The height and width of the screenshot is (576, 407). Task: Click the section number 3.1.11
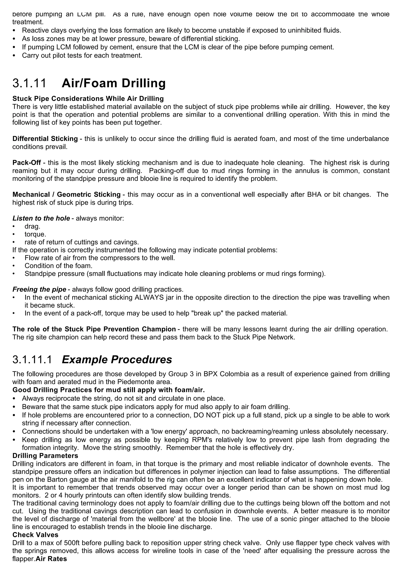tap(29, 83)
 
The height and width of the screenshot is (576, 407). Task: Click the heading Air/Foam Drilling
tap(114, 83)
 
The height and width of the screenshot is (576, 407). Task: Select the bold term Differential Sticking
tap(45, 139)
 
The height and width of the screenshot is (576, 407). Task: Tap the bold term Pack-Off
tap(27, 163)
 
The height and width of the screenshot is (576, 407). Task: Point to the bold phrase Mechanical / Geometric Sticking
tap(66, 194)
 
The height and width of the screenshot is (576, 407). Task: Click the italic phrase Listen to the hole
tap(41, 218)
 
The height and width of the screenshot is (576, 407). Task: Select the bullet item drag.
tap(32, 226)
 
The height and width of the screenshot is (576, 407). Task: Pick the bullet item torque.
tap(35, 234)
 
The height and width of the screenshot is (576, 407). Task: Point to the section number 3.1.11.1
tap(32, 360)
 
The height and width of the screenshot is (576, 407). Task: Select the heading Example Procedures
tap(117, 360)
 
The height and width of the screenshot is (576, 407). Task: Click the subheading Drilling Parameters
tap(45, 455)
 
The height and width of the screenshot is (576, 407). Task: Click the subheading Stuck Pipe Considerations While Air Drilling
tap(88, 99)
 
